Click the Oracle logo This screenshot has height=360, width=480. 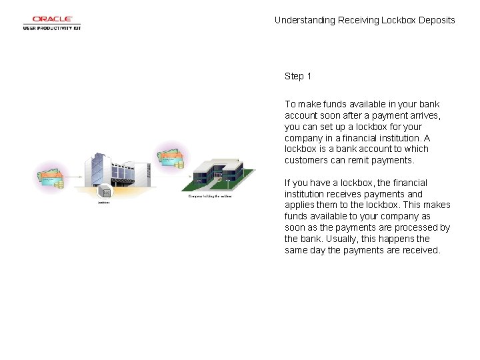52,19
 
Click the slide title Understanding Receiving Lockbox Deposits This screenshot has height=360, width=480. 365,20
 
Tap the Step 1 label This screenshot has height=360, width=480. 298,76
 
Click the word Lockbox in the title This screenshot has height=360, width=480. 399,20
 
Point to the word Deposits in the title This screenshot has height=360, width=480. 437,20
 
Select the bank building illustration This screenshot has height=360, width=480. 115,171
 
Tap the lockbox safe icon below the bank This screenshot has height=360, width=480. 105,192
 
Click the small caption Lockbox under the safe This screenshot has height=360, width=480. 104,202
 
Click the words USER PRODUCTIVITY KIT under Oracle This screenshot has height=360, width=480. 52,28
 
